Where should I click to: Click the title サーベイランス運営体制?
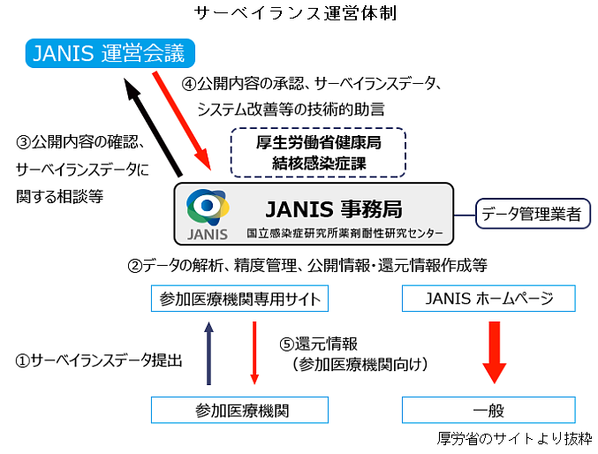click(x=296, y=13)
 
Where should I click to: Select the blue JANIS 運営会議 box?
click(x=110, y=53)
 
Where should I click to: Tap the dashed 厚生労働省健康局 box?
click(x=318, y=153)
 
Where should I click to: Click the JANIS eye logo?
click(x=208, y=208)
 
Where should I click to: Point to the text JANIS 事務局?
click(x=334, y=209)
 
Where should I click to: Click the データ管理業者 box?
click(x=533, y=214)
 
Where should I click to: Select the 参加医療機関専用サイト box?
click(x=239, y=299)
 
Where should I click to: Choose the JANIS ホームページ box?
click(x=488, y=299)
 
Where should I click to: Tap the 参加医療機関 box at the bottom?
click(x=239, y=410)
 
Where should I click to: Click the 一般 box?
click(x=488, y=410)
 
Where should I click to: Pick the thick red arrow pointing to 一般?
click(x=495, y=352)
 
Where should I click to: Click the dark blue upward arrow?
click(x=208, y=353)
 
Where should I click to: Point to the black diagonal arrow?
click(x=154, y=127)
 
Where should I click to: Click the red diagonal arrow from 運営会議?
click(x=182, y=120)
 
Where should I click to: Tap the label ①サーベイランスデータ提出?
click(x=98, y=360)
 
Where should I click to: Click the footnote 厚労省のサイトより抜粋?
click(x=514, y=439)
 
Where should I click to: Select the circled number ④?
click(x=189, y=84)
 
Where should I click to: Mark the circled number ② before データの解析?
click(x=134, y=266)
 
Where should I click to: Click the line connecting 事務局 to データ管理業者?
click(x=465, y=216)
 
